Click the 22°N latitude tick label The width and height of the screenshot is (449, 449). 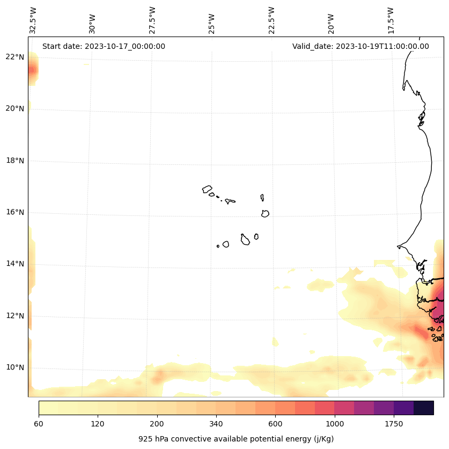(x=15, y=57)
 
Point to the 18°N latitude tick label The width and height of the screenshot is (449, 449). (x=15, y=161)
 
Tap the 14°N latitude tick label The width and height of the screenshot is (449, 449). (x=15, y=264)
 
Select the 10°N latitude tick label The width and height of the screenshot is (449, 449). (x=15, y=368)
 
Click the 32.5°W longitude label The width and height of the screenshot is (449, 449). (x=33, y=20)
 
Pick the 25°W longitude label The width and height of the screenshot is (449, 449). (x=212, y=24)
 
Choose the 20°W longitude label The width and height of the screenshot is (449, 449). (x=331, y=24)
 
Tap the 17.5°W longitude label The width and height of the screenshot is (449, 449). (x=391, y=20)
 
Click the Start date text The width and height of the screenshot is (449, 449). (x=104, y=46)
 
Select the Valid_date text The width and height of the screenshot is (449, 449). (x=360, y=46)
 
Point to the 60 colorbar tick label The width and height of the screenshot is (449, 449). (x=39, y=424)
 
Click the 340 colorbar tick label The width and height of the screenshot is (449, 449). (x=216, y=424)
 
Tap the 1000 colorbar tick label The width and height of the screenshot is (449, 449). (x=335, y=424)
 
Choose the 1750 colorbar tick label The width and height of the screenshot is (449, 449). (x=394, y=424)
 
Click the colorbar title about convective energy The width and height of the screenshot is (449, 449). (x=236, y=439)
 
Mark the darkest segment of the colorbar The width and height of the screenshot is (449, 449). (x=424, y=408)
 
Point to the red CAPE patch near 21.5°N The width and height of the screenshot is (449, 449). (x=32, y=70)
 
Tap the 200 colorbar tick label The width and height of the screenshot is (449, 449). (x=157, y=424)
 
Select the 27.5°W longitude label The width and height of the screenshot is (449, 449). (x=152, y=20)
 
